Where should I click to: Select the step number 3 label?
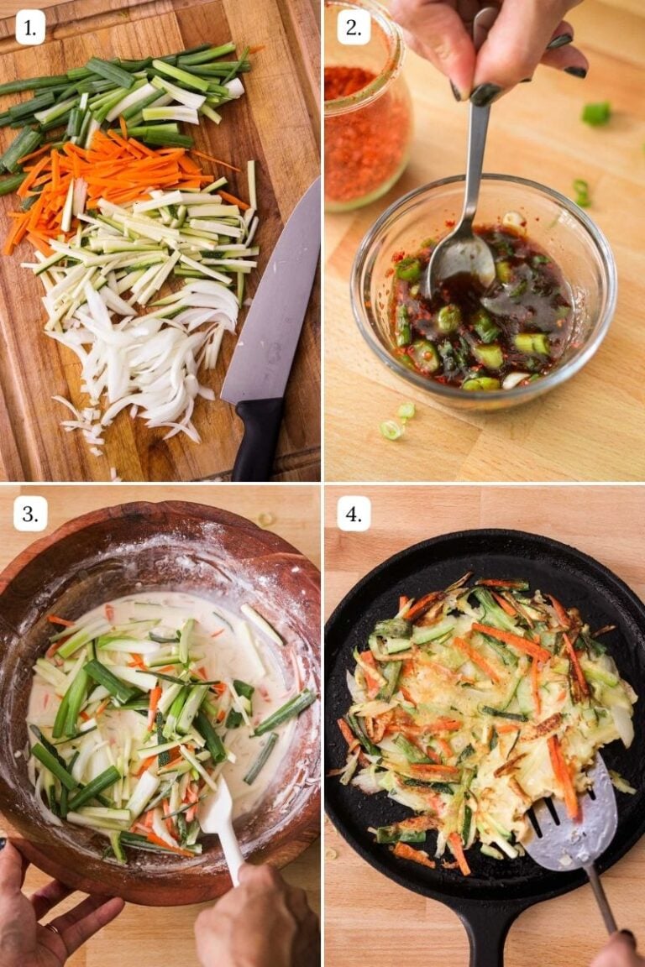coord(30,514)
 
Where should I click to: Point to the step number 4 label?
coord(354,514)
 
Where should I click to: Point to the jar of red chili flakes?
coord(366,126)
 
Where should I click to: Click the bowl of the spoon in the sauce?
coord(460,260)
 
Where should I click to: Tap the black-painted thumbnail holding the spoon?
coord(485,93)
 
